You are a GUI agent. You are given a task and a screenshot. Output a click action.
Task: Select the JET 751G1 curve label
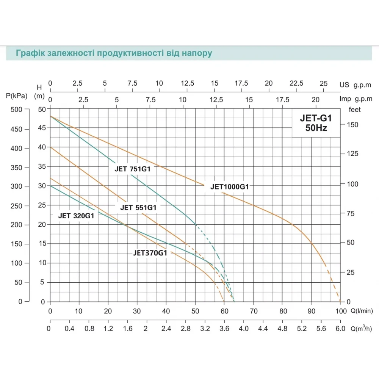pyautogui.click(x=133, y=169)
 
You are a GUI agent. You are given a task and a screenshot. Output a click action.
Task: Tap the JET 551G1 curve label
pyautogui.click(x=138, y=207)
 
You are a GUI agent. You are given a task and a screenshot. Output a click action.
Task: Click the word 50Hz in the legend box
pyautogui.click(x=316, y=128)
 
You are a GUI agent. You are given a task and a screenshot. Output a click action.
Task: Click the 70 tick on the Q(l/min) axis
pyautogui.click(x=253, y=311)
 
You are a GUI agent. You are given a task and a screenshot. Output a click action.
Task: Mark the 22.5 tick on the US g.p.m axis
pyautogui.click(x=296, y=83)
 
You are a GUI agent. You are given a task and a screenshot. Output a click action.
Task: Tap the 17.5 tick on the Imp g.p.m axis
pyautogui.click(x=282, y=99)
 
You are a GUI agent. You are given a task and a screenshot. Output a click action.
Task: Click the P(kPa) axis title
pyautogui.click(x=17, y=96)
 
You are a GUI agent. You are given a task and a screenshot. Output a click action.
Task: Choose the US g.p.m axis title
pyautogui.click(x=355, y=85)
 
